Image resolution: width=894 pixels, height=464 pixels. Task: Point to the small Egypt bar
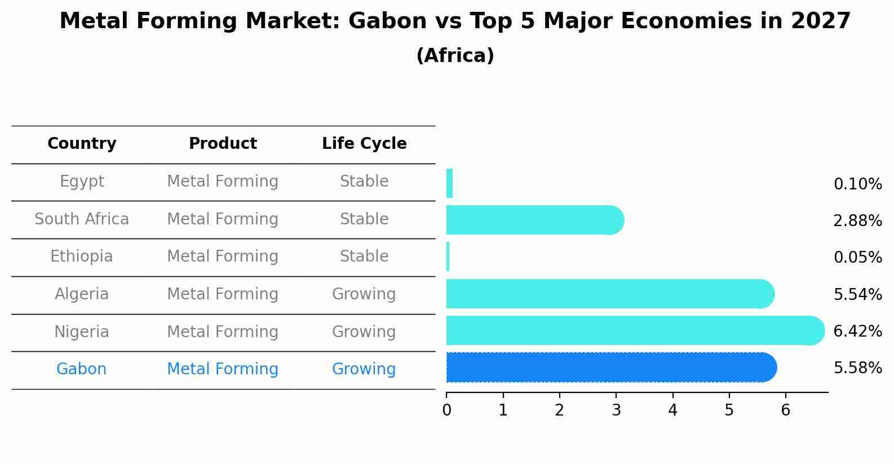click(449, 183)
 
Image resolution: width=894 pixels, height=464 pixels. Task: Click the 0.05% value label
click(857, 258)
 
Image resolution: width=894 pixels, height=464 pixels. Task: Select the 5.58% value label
click(857, 368)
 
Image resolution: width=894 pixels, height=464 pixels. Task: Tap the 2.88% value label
click(857, 221)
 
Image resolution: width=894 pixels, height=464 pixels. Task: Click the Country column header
click(82, 144)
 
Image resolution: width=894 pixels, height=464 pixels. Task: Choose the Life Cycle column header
click(364, 144)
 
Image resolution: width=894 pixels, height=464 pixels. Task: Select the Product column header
click(223, 144)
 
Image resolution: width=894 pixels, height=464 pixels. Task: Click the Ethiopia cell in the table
click(82, 257)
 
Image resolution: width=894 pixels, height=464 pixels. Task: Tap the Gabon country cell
click(82, 369)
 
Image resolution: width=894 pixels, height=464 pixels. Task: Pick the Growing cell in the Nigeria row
click(364, 332)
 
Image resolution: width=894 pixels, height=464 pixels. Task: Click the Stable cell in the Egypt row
click(364, 182)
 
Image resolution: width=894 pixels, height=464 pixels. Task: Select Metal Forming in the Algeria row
click(223, 294)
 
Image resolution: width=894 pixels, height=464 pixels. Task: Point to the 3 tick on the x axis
click(616, 410)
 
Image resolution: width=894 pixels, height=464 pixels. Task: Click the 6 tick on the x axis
click(785, 410)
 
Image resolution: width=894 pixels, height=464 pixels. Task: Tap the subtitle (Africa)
click(455, 56)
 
